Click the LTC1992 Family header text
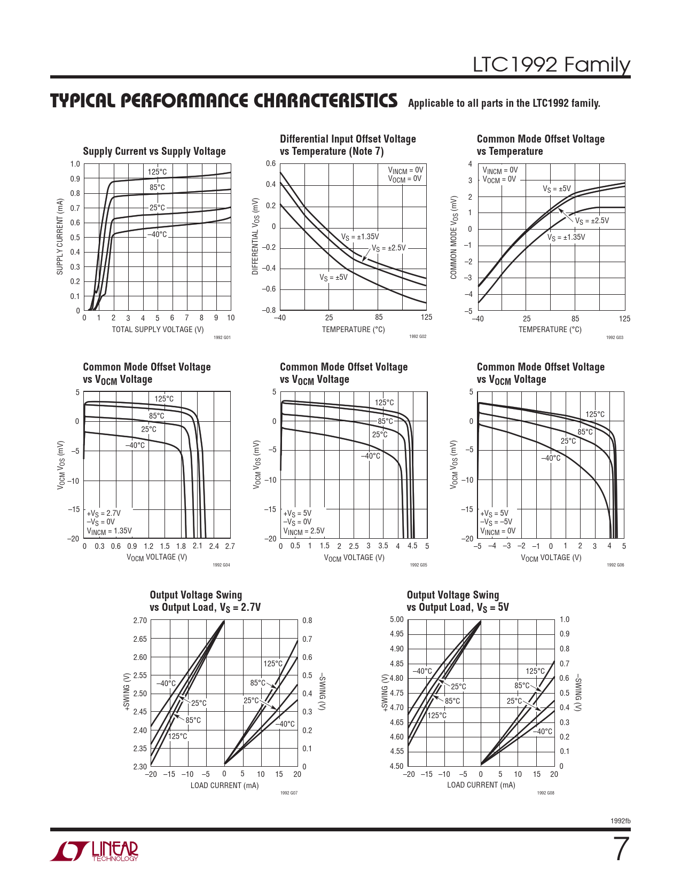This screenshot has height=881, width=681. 551,65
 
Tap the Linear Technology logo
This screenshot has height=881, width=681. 95,851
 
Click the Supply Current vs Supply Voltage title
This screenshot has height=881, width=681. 154,152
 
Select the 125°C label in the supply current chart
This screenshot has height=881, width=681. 157,172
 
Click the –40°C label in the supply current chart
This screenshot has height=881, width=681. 157,234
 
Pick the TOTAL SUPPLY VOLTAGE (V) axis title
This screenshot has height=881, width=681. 158,329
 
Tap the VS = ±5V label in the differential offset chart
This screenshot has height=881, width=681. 333,278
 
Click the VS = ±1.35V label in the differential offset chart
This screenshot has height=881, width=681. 360,237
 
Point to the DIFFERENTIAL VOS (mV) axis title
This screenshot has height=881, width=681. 255,237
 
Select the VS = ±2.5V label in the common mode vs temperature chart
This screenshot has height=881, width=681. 592,221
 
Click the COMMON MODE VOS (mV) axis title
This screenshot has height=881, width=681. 453,237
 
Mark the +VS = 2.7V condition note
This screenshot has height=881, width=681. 104,513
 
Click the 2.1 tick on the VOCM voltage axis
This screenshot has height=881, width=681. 198,546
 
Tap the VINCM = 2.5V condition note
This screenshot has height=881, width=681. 303,531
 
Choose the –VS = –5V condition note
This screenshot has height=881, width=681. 496,522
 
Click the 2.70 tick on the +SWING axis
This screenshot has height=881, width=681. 140,620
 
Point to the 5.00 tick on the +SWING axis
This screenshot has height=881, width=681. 397,619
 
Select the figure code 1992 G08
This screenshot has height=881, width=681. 545,793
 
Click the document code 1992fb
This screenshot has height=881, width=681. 620,821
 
